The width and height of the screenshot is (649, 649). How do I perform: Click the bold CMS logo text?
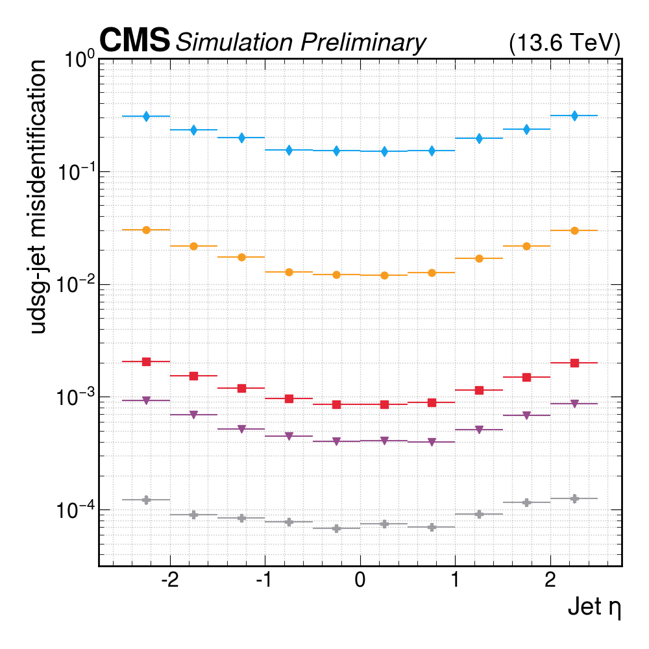pyautogui.click(x=134, y=41)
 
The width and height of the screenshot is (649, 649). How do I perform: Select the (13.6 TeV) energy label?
pyautogui.click(x=565, y=43)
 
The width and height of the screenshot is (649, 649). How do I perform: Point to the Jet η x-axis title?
pyautogui.click(x=594, y=609)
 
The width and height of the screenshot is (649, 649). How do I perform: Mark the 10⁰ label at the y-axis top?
pyautogui.click(x=80, y=60)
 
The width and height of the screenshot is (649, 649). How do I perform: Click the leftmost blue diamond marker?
pyautogui.click(x=147, y=116)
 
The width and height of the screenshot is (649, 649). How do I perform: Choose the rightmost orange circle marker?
pyautogui.click(x=574, y=230)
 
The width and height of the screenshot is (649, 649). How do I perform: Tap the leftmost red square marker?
pyautogui.click(x=147, y=361)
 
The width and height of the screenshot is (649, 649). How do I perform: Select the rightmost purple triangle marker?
pyautogui.click(x=574, y=404)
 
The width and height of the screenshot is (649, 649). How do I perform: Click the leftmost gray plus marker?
pyautogui.click(x=147, y=500)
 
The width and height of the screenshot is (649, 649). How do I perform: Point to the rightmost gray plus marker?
pyautogui.click(x=574, y=498)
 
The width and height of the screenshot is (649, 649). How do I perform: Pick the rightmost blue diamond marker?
pyautogui.click(x=574, y=116)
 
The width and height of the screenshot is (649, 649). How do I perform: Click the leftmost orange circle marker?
pyautogui.click(x=147, y=230)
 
